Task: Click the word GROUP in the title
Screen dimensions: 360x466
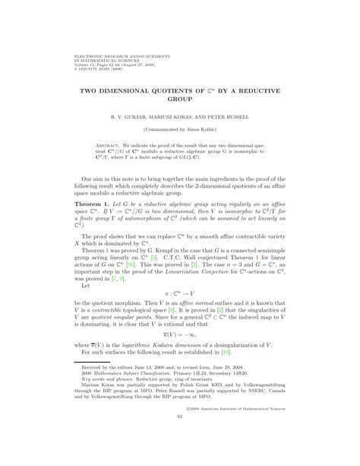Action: click(x=179, y=100)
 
